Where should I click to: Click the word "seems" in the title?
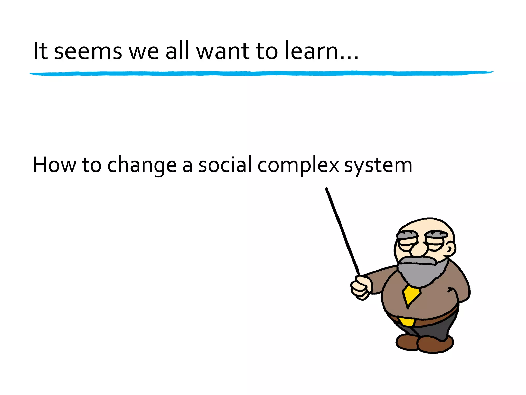coord(88,51)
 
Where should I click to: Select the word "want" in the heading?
coord(223,51)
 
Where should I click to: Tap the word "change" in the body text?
coord(142,165)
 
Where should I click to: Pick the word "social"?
coord(225,165)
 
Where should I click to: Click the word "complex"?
coord(298,165)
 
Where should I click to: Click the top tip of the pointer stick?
coord(327,190)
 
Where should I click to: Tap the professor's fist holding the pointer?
coord(361,288)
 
